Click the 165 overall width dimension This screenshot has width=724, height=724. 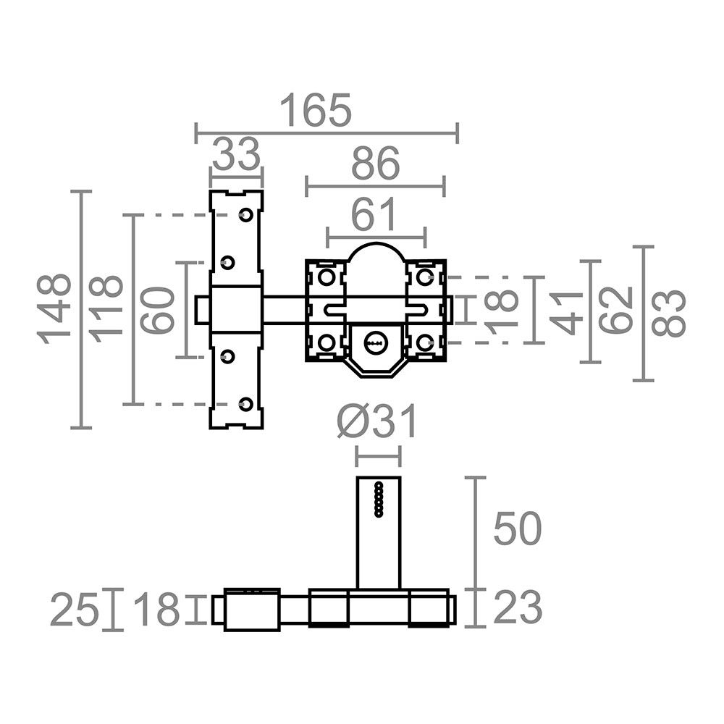click(x=316, y=110)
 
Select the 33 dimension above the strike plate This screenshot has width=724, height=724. click(x=237, y=153)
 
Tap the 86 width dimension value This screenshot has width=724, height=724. click(x=375, y=164)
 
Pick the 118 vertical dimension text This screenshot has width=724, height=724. click(x=106, y=309)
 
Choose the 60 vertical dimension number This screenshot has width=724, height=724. click(x=157, y=310)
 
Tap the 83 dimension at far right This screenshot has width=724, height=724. click(x=668, y=313)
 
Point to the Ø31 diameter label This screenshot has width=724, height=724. click(x=376, y=421)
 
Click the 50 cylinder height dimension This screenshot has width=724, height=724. click(x=517, y=529)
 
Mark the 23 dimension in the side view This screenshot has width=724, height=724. click(x=518, y=607)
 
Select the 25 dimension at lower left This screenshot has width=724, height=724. click(x=75, y=610)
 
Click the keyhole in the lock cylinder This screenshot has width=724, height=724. click(x=376, y=343)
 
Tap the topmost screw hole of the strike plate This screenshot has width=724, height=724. click(x=245, y=215)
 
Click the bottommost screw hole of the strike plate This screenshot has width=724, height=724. click(x=247, y=404)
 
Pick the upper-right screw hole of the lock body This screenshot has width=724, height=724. click(x=424, y=277)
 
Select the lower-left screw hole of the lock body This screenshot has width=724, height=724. click(x=327, y=343)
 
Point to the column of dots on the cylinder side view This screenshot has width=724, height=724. click(x=379, y=499)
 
